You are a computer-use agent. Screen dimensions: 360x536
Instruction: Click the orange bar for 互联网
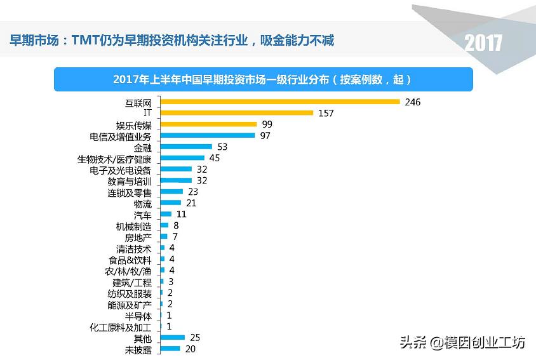click(x=279, y=102)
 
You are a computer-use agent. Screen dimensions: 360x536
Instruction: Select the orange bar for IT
click(x=237, y=113)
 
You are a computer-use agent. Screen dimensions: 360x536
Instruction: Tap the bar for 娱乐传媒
click(x=208, y=124)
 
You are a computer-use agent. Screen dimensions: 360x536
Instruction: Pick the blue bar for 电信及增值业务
click(x=208, y=135)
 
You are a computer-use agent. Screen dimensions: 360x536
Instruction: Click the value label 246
click(x=413, y=102)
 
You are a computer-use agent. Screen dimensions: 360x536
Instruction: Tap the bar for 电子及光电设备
click(x=176, y=170)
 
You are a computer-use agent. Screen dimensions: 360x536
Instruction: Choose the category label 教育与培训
click(x=130, y=182)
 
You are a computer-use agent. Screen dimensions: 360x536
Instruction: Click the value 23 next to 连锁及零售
click(x=193, y=192)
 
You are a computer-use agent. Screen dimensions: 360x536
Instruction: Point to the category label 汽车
click(x=143, y=215)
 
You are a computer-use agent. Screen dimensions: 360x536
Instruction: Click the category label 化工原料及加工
click(x=121, y=328)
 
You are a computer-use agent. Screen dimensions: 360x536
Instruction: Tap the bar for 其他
click(x=172, y=337)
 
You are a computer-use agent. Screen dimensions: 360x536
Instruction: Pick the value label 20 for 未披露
click(x=190, y=349)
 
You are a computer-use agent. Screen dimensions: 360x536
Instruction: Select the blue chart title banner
click(x=263, y=79)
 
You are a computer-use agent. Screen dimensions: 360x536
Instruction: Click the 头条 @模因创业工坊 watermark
click(x=462, y=342)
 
